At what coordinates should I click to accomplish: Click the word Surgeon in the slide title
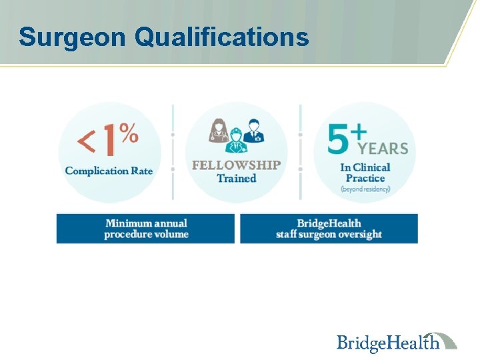72,37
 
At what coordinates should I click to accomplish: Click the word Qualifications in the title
221,37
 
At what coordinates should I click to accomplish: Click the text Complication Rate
109,171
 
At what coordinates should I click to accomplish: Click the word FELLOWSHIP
237,165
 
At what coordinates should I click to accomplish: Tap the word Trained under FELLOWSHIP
237,179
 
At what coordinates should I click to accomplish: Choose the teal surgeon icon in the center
237,141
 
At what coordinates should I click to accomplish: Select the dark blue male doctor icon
253,131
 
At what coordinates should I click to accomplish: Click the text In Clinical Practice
365,173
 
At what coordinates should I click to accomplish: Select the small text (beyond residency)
365,189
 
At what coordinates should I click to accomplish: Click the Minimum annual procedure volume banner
146,229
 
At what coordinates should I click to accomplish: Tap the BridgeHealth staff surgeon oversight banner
329,229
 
